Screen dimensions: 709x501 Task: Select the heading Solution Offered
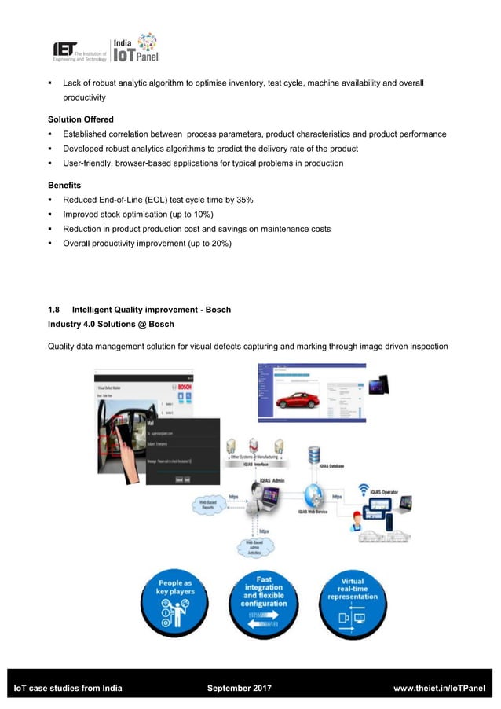coord(81,119)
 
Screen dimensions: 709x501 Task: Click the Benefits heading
coord(66,185)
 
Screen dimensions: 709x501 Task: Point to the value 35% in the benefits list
coord(242,200)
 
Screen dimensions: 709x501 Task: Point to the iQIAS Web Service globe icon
coord(315,495)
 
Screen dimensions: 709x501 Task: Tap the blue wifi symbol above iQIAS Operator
coord(364,490)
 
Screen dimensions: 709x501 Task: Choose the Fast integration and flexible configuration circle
coord(265,602)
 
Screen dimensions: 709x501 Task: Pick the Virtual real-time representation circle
coord(354,602)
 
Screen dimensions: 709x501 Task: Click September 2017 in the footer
coord(240,689)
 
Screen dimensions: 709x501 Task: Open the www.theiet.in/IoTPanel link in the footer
coord(439,689)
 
